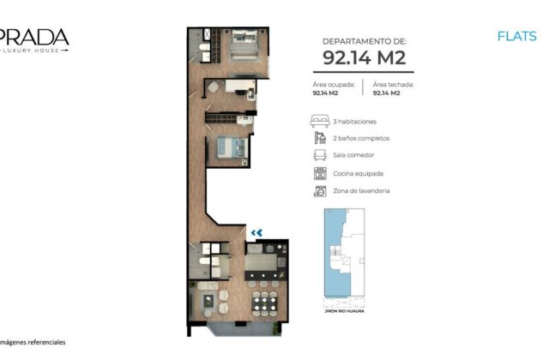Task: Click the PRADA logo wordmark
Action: click(x=34, y=37)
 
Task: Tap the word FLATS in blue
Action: click(x=516, y=36)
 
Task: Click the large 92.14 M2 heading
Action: click(x=364, y=57)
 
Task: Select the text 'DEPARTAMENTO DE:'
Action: click(x=364, y=41)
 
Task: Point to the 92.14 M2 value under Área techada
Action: click(x=386, y=93)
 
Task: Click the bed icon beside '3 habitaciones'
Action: click(x=320, y=121)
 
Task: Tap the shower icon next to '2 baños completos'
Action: click(x=320, y=138)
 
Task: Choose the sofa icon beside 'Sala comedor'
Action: click(x=320, y=155)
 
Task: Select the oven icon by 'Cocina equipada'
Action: click(x=320, y=173)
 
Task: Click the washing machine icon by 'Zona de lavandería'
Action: click(x=320, y=191)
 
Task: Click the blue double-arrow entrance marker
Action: click(x=256, y=232)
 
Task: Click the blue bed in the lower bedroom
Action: click(x=232, y=147)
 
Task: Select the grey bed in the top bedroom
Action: click(x=244, y=45)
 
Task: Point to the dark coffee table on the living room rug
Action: click(x=208, y=301)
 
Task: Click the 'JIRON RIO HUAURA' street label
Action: click(x=345, y=311)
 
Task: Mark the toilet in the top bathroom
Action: click(x=204, y=47)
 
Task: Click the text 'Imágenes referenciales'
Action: click(x=33, y=342)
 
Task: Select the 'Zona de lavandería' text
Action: click(x=361, y=190)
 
